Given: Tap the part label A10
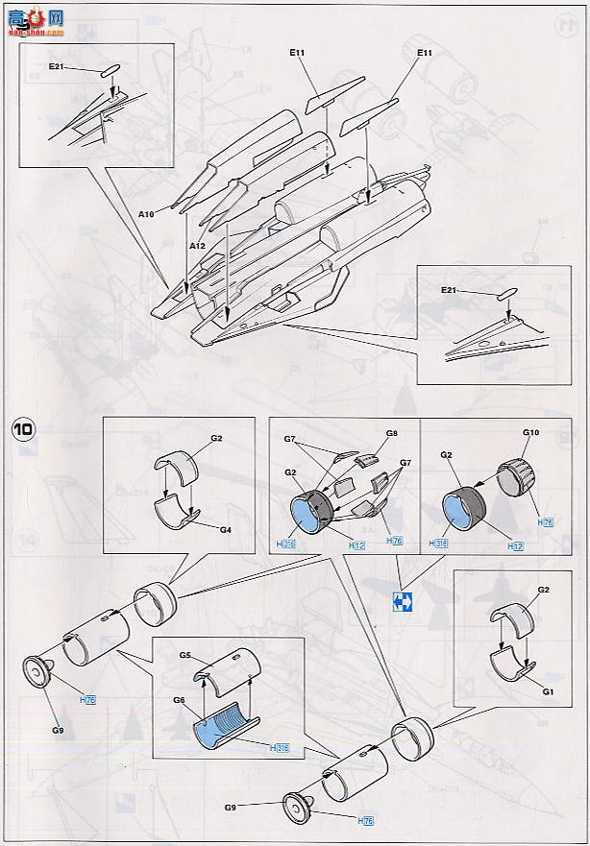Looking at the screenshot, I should click(x=147, y=214).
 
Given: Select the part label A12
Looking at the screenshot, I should click(x=198, y=246).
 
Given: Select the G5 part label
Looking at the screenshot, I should click(x=185, y=656).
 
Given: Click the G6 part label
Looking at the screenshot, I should click(x=179, y=701).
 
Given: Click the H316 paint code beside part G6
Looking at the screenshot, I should click(x=281, y=747).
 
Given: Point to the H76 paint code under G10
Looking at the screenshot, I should click(x=547, y=521).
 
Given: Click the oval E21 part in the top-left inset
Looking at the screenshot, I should click(x=109, y=70).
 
